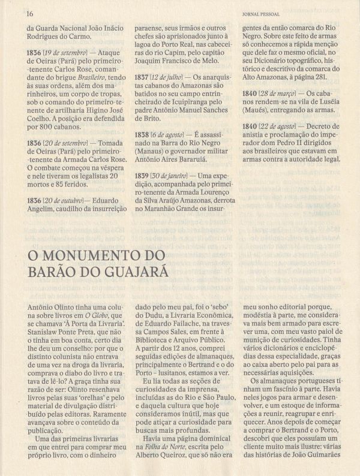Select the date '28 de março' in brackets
pos(280,94)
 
